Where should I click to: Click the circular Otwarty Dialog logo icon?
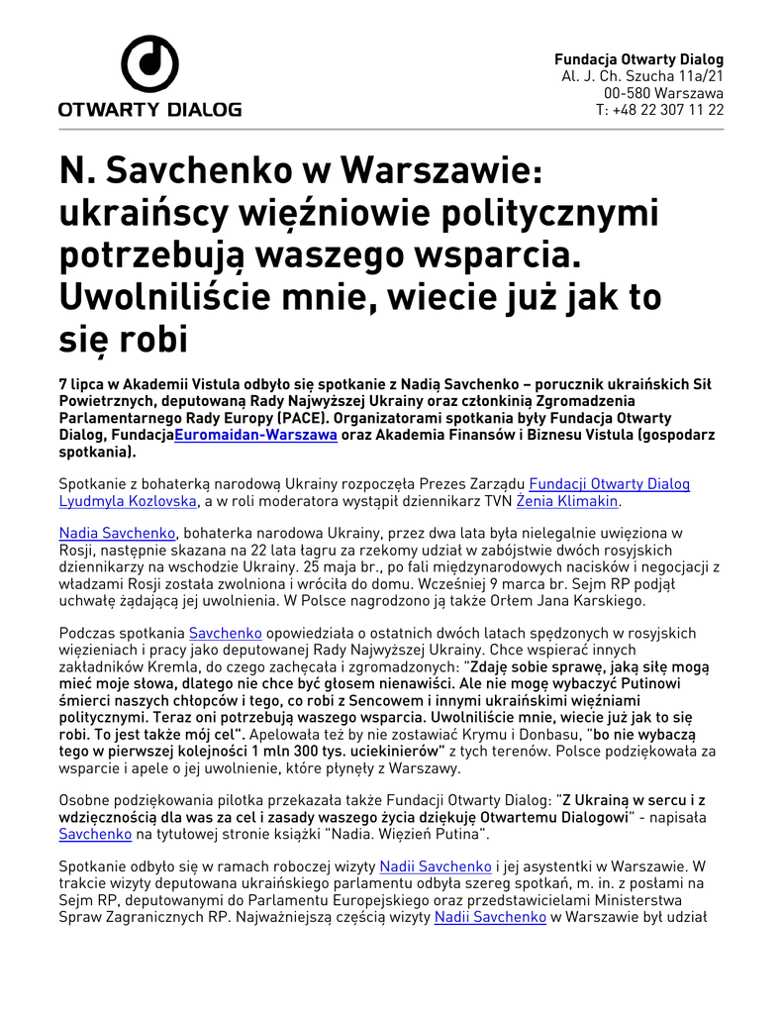[x=149, y=64]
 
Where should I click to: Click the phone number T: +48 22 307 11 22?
[x=659, y=110]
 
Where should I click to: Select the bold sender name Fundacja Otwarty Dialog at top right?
[x=638, y=59]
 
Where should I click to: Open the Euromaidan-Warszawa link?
[x=256, y=435]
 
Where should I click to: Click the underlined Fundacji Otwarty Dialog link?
[x=609, y=484]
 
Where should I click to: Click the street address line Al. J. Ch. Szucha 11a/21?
[x=642, y=76]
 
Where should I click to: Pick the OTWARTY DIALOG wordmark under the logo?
[x=149, y=110]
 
